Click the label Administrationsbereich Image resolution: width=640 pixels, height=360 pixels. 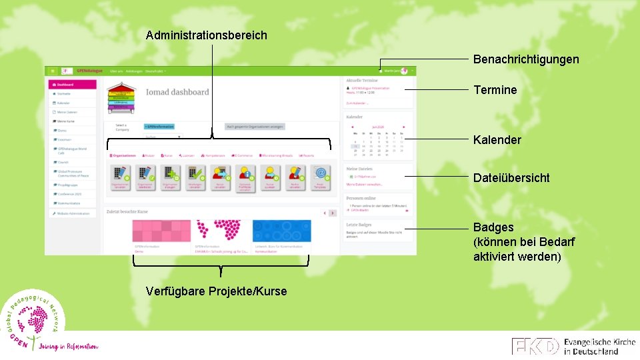pos(206,35)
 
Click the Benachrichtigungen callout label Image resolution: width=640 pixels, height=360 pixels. pos(525,59)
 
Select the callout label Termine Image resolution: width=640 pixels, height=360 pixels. pos(495,90)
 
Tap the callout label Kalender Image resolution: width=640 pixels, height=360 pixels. pos(497,140)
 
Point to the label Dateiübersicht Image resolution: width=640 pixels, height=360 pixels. pos(511,178)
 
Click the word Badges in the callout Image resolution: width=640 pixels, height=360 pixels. pos(493,227)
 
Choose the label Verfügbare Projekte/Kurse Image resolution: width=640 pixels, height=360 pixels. pos(216,291)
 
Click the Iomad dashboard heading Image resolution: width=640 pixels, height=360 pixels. pos(177,93)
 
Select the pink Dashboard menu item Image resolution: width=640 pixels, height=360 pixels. pos(72,85)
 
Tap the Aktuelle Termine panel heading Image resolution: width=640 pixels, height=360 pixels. pos(362,80)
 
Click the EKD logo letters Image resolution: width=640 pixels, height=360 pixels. pos(535,346)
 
